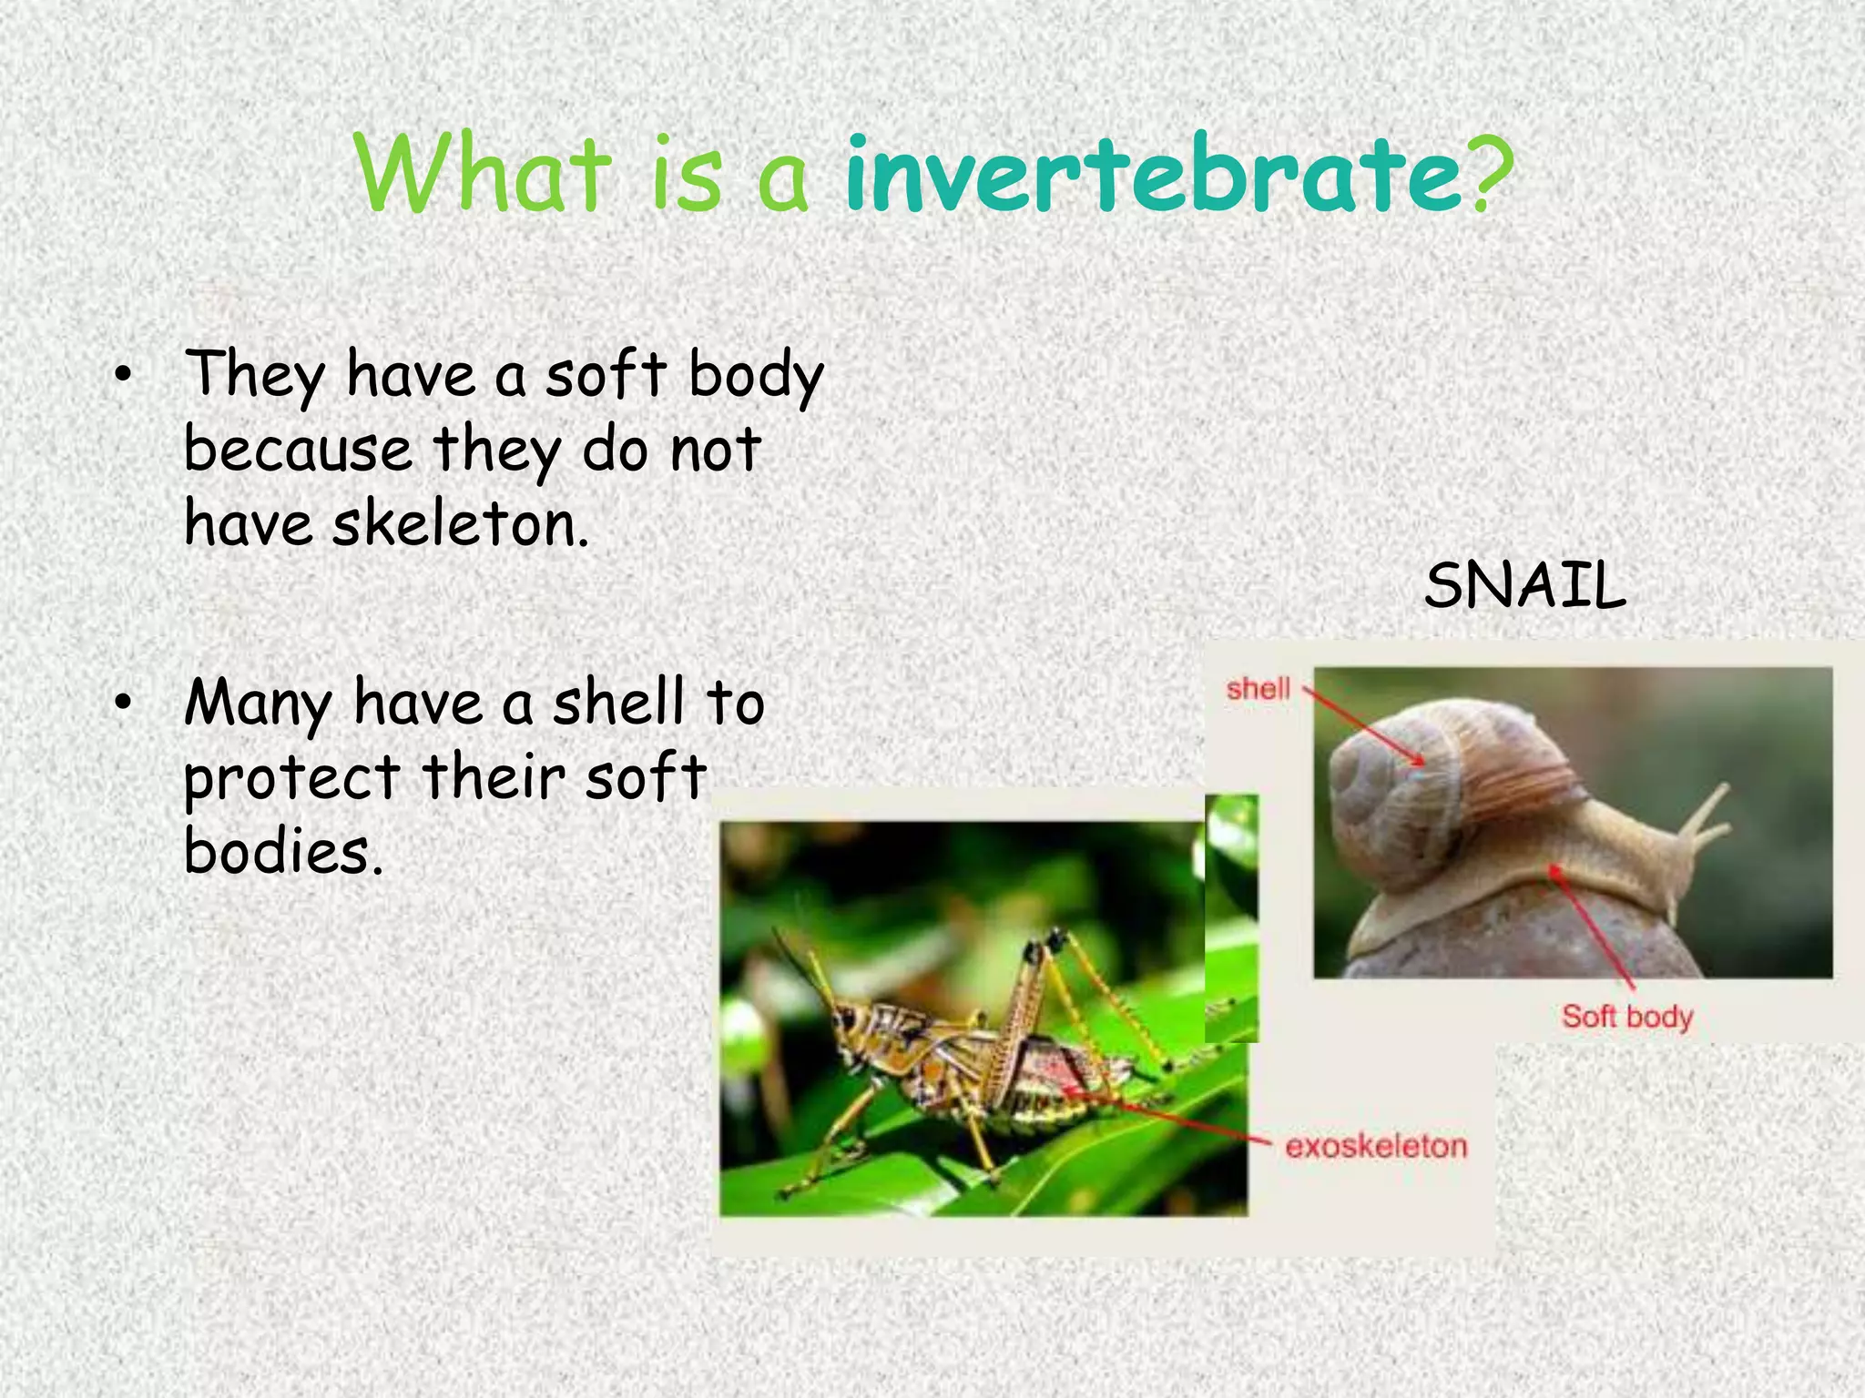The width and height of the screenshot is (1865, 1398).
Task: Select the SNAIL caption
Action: point(1524,585)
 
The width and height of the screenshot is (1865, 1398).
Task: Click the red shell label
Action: point(1258,689)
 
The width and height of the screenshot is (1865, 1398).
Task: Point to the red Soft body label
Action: point(1627,1016)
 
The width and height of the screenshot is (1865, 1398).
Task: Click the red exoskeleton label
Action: point(1376,1146)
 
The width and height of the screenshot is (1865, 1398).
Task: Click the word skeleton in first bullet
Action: point(460,526)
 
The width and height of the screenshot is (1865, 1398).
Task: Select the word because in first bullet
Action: point(298,451)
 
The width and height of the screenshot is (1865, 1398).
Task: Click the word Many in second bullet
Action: point(259,704)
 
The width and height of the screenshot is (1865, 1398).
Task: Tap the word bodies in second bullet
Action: point(282,852)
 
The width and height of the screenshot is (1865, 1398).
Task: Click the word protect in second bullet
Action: point(291,779)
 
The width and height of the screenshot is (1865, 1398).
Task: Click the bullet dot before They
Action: point(124,375)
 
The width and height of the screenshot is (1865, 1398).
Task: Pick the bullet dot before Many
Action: point(124,703)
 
